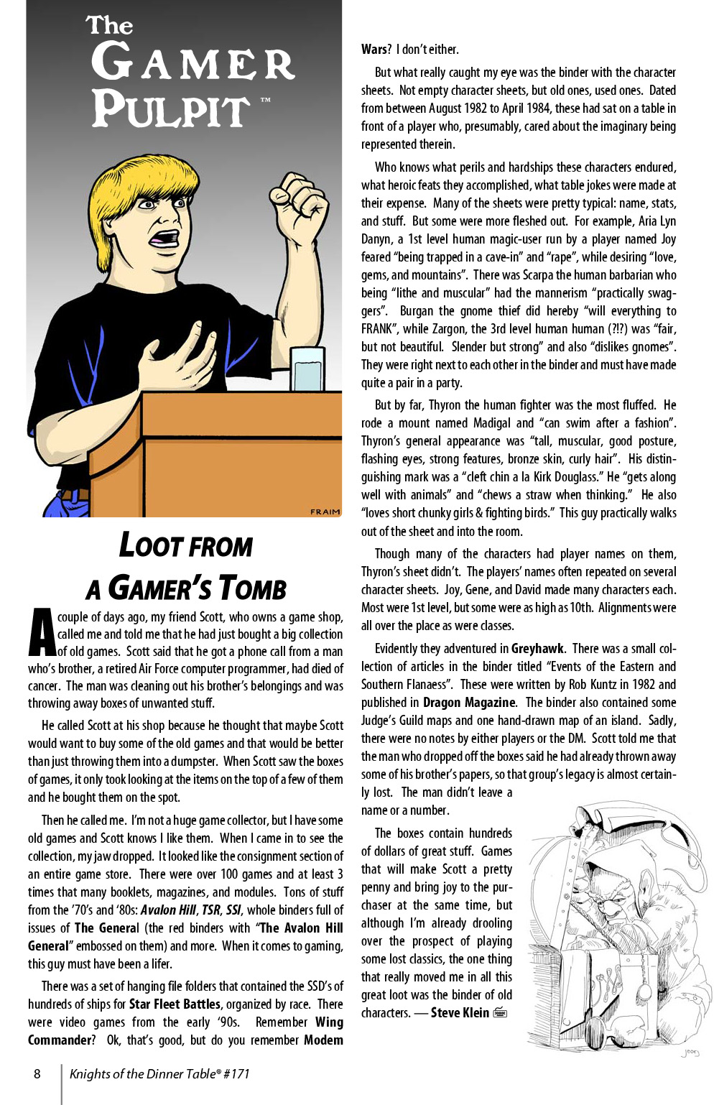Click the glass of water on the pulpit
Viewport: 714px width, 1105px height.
pos(307,369)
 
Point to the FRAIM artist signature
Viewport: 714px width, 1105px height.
pos(325,512)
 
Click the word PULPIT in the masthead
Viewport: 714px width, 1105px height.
pos(171,109)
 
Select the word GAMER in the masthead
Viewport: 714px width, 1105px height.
pos(193,63)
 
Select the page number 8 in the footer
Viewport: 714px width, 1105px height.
pos(37,1074)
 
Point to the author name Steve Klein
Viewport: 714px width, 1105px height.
pos(459,1012)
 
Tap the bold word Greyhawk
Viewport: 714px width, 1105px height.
pos(537,648)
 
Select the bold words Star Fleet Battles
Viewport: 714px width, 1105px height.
pos(175,1004)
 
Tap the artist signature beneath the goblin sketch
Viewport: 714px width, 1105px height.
pos(690,1052)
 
